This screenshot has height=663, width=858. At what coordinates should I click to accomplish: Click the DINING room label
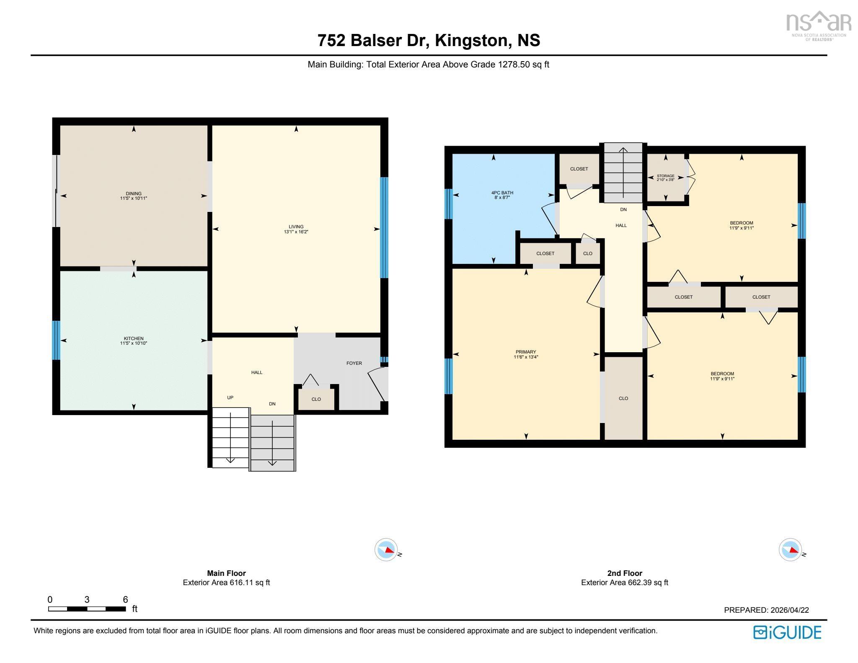134,193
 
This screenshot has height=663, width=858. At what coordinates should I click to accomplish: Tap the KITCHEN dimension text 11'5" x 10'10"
134,343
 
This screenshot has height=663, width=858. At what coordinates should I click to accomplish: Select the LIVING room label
296,227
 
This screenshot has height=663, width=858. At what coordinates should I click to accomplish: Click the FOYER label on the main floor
354,363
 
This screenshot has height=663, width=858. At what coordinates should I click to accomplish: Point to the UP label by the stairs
230,397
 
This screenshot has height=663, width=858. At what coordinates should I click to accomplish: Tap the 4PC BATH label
502,193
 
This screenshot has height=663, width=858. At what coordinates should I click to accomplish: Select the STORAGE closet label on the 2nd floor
665,176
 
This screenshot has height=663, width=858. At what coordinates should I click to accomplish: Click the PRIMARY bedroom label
526,352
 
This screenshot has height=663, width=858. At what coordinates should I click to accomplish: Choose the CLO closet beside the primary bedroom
623,398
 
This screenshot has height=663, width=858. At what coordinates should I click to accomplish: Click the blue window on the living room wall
384,227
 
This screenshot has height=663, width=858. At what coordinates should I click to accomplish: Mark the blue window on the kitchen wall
56,340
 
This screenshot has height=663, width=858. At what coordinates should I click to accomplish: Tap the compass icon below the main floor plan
386,549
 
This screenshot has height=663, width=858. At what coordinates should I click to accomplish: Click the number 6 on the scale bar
125,599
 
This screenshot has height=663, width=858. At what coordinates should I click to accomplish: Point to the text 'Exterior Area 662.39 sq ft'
624,583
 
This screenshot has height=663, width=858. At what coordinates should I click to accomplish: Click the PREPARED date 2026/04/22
789,610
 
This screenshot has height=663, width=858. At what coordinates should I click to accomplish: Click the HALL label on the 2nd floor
621,225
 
